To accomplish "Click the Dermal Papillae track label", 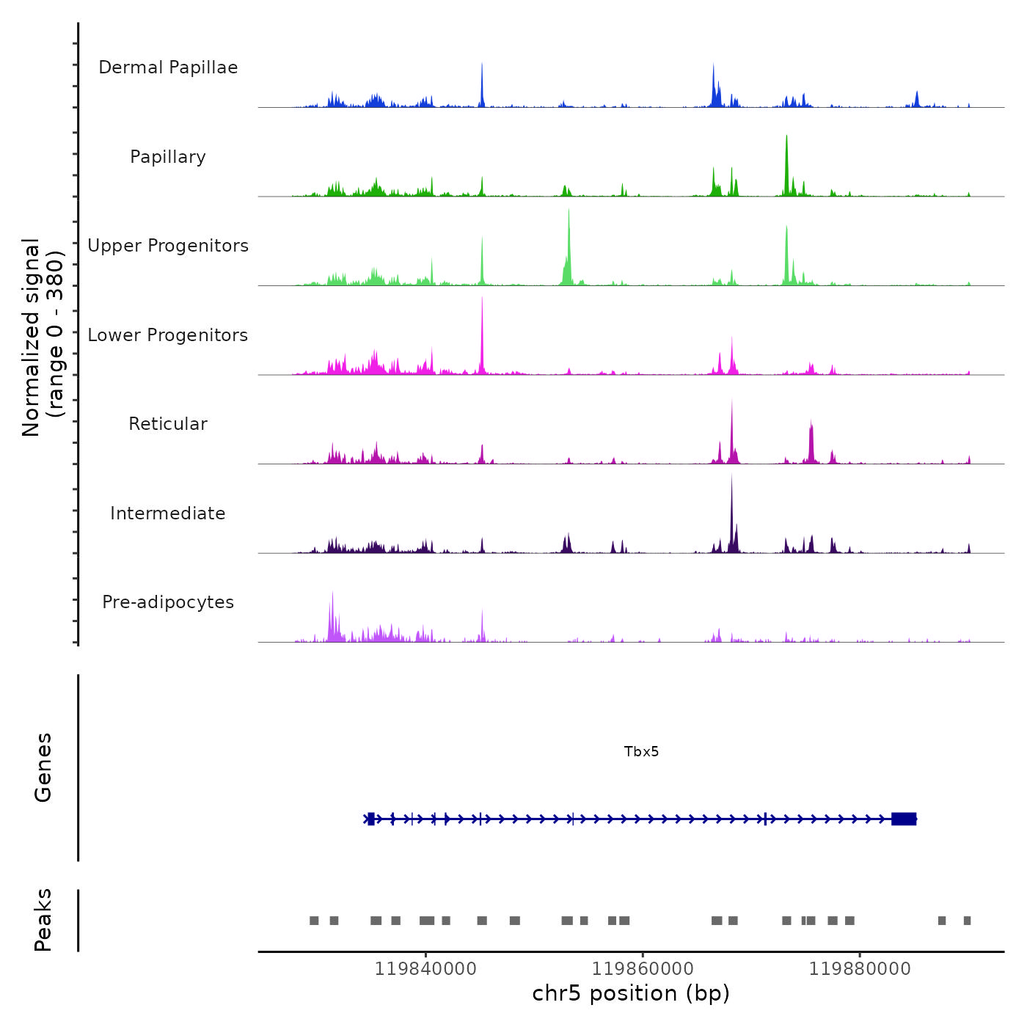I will [168, 67].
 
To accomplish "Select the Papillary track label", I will [168, 157].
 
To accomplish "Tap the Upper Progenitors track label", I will [168, 246].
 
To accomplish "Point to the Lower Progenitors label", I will [168, 335].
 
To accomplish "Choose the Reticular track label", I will [168, 424].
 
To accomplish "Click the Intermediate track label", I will [168, 513].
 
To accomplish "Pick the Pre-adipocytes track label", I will [168, 602].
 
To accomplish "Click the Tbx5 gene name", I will [641, 751].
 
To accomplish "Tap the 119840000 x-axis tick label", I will [425, 969].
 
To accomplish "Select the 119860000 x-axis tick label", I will [643, 969].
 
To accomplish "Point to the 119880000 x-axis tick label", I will [860, 969].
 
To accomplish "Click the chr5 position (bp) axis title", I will [631, 993].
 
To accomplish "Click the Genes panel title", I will [43, 767].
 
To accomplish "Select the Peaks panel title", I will [43, 920].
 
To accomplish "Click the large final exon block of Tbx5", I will [904, 819].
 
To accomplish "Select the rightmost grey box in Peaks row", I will [967, 921].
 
